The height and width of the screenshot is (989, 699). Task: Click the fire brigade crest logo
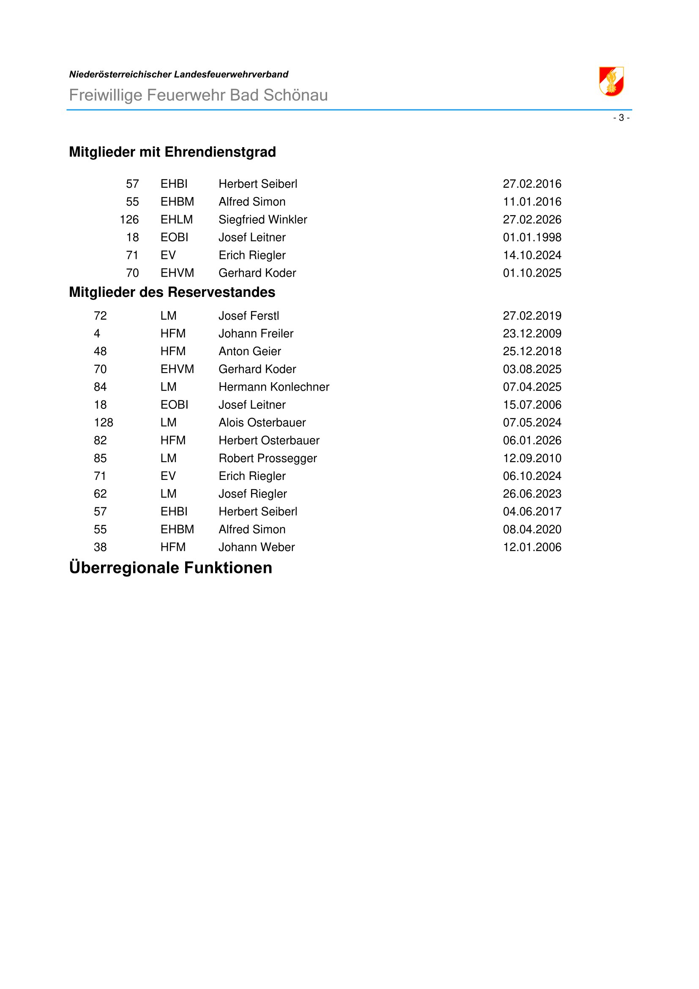click(611, 82)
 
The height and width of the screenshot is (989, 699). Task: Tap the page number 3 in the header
click(621, 118)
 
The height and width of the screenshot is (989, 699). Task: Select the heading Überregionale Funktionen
click(170, 568)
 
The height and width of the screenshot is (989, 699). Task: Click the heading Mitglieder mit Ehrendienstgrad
click(172, 152)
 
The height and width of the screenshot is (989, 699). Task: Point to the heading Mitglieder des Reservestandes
click(172, 293)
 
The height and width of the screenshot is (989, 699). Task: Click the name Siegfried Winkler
click(262, 220)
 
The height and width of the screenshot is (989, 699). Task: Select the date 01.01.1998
click(532, 237)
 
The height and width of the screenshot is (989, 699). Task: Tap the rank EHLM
click(177, 220)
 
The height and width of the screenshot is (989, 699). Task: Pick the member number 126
click(129, 220)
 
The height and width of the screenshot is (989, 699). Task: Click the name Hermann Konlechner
click(274, 387)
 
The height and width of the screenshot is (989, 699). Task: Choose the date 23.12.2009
click(532, 333)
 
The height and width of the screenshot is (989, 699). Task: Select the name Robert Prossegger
click(267, 458)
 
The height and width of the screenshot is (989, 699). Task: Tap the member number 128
click(103, 422)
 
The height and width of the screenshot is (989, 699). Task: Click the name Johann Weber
click(257, 547)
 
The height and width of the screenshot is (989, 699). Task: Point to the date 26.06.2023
click(532, 493)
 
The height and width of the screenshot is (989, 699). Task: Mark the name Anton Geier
click(250, 351)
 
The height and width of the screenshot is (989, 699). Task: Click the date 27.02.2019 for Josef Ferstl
click(532, 316)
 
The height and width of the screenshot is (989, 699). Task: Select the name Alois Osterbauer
click(262, 422)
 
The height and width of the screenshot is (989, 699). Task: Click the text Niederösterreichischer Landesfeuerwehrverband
click(179, 74)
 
